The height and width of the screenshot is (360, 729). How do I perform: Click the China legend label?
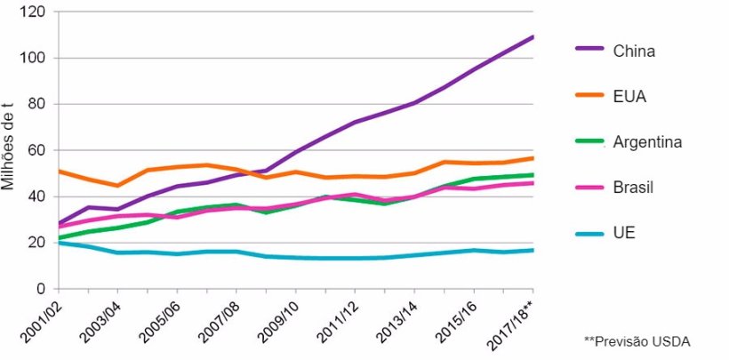coord(634,51)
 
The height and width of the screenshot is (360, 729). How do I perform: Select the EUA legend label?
coord(629,96)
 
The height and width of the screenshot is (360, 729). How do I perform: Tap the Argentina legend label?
coord(648,142)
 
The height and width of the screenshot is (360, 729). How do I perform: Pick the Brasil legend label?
coord(634,188)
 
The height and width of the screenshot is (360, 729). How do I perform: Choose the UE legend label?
coord(624,234)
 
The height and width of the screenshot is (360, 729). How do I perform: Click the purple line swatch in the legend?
coord(589,51)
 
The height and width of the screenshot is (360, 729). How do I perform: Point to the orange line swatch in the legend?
coord(589,96)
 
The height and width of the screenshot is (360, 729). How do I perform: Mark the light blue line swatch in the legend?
coord(589,234)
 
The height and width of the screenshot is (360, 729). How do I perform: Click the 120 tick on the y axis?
coord(36,12)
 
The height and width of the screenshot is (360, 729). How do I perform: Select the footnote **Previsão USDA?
coord(637,340)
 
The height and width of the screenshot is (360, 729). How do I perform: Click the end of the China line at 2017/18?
coord(533,36)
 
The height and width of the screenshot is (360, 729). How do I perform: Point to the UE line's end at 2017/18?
coord(533,250)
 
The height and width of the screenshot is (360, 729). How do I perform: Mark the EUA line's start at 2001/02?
coord(59,171)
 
